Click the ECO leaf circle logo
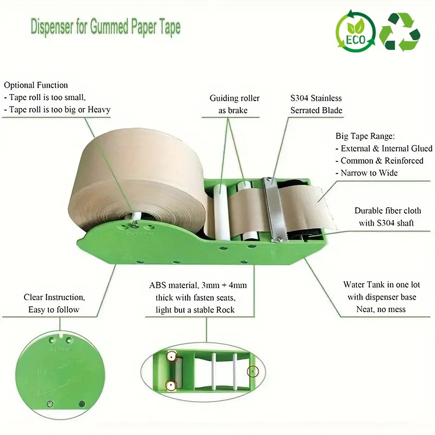click(356, 31)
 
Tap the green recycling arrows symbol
click(400, 32)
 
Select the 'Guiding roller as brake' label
click(234, 104)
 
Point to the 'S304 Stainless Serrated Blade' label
click(316, 104)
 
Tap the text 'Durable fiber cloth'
click(388, 210)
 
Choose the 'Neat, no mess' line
click(381, 309)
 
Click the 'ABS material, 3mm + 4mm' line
click(198, 285)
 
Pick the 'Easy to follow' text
click(54, 309)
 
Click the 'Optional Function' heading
click(36, 85)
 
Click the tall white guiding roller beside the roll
click(221, 212)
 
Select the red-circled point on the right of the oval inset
click(252, 371)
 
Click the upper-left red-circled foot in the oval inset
click(172, 356)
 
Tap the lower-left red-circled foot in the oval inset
click(171, 386)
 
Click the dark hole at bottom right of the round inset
click(82, 403)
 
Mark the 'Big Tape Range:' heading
click(365, 136)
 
